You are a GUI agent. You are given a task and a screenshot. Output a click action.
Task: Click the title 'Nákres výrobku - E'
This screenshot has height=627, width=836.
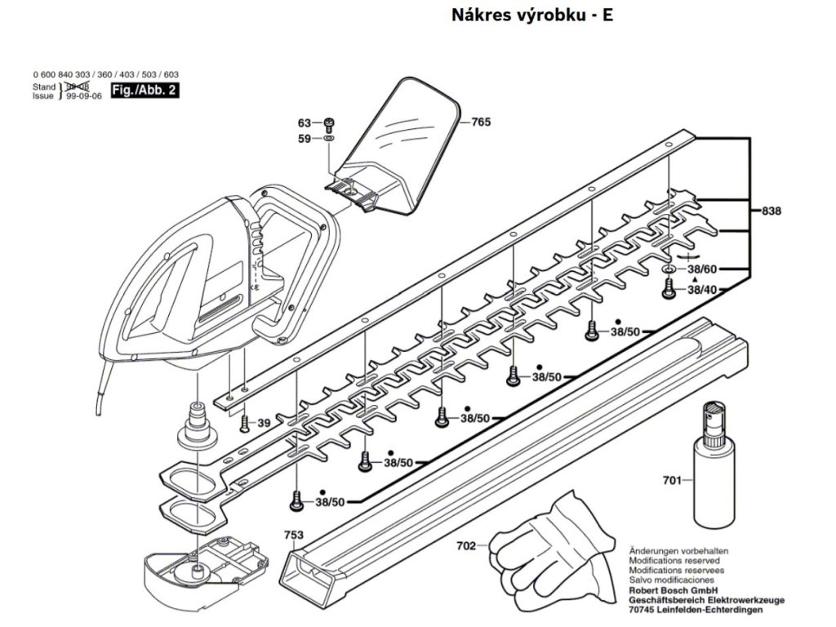[x=531, y=16]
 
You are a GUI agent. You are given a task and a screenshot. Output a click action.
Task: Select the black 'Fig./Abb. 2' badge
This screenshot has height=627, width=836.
[x=144, y=91]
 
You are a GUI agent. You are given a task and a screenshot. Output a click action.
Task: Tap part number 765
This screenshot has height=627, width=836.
[x=481, y=122]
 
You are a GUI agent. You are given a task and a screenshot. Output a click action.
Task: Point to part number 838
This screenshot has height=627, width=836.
[x=772, y=211]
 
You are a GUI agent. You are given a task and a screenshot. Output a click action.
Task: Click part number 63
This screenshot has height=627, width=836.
[x=305, y=122]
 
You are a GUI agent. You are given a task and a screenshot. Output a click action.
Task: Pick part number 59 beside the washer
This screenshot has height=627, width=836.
[x=305, y=139]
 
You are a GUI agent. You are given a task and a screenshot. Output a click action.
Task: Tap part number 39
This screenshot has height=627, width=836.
[x=264, y=423]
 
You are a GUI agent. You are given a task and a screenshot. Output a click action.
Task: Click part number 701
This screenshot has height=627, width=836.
[x=671, y=481]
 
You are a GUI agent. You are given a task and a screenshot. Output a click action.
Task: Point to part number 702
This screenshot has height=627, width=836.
[x=466, y=546]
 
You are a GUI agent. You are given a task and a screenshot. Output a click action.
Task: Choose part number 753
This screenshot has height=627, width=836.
[x=294, y=535]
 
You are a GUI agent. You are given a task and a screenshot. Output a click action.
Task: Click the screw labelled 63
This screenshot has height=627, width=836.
[x=329, y=123]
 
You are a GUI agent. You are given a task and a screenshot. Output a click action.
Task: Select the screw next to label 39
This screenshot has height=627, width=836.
[x=244, y=422]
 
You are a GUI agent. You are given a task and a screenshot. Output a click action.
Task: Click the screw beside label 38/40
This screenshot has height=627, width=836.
[x=668, y=287]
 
